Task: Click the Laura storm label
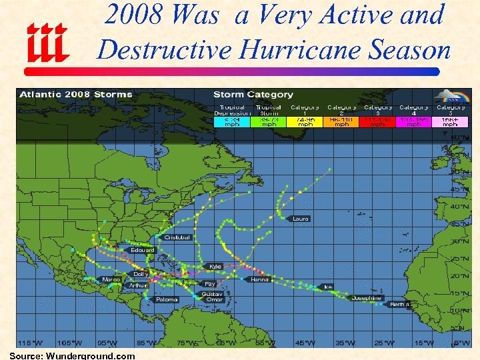coord(301,219)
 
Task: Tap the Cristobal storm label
coord(177,237)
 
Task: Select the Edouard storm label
coord(143,250)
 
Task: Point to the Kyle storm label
coord(215,267)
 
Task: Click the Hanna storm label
coord(259,279)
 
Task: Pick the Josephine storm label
coord(367,297)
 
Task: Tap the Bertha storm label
coord(399,305)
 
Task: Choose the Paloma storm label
coord(167,299)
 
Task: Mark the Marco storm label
coord(111,279)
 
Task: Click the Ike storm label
coord(327,287)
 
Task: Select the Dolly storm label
coord(141,274)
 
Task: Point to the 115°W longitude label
coord(29,343)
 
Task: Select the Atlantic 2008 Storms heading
coord(76,95)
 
